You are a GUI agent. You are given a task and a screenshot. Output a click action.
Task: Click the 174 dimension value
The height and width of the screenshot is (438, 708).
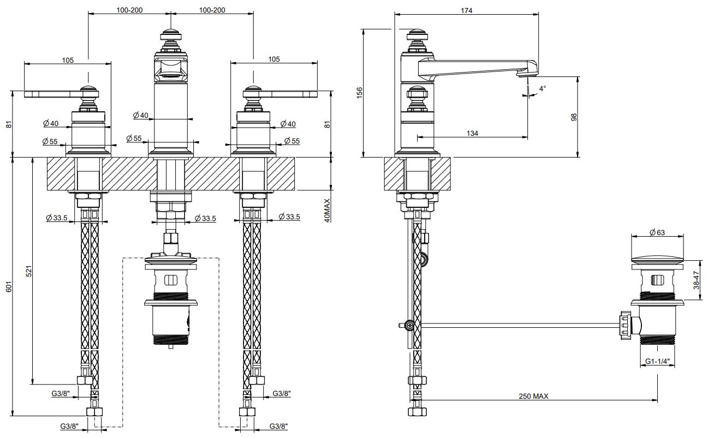[x=466, y=10]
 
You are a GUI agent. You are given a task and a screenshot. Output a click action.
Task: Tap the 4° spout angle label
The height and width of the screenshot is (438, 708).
[x=542, y=88]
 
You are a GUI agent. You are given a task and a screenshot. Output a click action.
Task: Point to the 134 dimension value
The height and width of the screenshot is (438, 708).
[x=473, y=133]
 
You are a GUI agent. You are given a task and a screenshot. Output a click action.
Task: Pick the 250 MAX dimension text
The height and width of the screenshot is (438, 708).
[x=533, y=396]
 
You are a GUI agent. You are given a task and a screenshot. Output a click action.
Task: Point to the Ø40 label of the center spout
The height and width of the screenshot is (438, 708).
[x=140, y=115]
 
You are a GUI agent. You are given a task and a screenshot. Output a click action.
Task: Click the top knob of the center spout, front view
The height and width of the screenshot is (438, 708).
[x=171, y=34]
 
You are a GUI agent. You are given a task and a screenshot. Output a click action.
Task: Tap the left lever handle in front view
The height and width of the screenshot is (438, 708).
[x=52, y=94]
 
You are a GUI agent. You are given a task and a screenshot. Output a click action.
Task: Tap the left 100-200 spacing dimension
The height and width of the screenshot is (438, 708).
[x=129, y=10]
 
